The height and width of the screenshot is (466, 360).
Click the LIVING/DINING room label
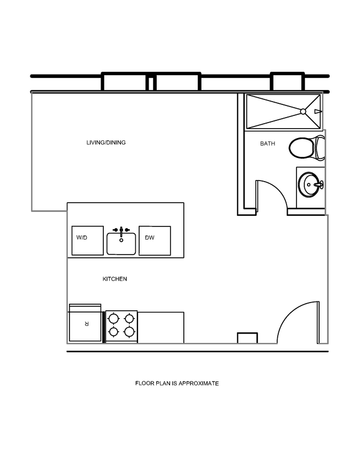pyautogui.click(x=106, y=142)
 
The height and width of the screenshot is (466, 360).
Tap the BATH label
pyautogui.click(x=268, y=144)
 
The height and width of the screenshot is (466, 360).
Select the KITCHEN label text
pyautogui.click(x=115, y=279)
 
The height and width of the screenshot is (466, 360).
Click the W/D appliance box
pyautogui.click(x=87, y=241)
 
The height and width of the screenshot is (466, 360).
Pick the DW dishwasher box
pyautogui.click(x=155, y=241)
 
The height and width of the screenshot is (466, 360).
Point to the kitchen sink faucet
pyautogui.click(x=121, y=229)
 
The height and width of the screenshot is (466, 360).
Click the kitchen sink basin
pyautogui.click(x=121, y=244)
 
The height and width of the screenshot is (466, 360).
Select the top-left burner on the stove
pyautogui.click(x=114, y=319)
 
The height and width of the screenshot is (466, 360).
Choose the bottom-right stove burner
pyautogui.click(x=130, y=332)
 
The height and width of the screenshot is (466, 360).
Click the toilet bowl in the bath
pyautogui.click(x=301, y=147)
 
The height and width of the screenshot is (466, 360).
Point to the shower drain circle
pyautogui.click(x=303, y=111)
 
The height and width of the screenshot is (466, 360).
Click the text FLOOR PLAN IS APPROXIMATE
pyautogui.click(x=177, y=383)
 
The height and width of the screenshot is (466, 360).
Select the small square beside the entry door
pyautogui.click(x=247, y=338)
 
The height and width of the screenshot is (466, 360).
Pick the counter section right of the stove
pyautogui.click(x=161, y=327)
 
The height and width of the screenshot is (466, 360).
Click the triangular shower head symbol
pyautogui.click(x=317, y=111)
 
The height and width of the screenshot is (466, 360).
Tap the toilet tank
pyautogui.click(x=320, y=147)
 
